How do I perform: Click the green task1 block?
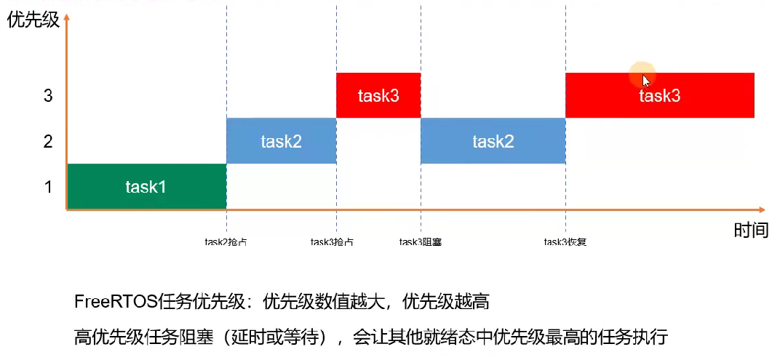coord(146,187)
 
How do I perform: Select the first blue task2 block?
coord(281,141)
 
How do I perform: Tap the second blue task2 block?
coord(493,141)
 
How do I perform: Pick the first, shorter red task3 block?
coord(378,95)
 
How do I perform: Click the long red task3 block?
coord(659,95)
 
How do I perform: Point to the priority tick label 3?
coord(48,95)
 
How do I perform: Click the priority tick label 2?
coord(48,141)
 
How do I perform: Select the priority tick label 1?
coord(48,187)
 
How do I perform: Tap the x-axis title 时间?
coord(751,231)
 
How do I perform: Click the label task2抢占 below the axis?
coord(226,242)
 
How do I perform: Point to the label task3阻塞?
coord(421,242)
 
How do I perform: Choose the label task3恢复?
coord(565,242)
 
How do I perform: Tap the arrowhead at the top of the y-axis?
coord(66,16)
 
